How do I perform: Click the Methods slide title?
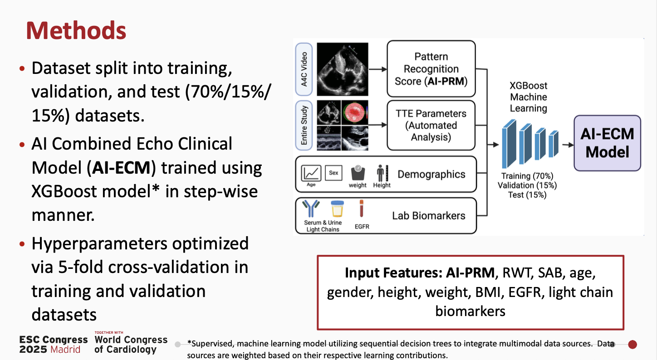point(76,30)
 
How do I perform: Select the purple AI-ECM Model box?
point(607,143)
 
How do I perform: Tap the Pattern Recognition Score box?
point(431,68)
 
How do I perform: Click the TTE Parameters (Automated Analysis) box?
point(431,125)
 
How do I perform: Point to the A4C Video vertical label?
point(304,69)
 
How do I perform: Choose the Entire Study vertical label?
point(304,125)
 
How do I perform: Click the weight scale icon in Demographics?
point(358,173)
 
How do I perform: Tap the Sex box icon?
point(333,173)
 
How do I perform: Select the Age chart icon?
point(311,173)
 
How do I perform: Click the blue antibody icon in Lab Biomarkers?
point(311,209)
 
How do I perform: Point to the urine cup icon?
point(337,209)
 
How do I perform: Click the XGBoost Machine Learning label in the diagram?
point(528,97)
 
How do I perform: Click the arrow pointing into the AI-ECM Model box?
point(567,145)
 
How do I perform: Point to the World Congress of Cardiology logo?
point(131,344)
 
